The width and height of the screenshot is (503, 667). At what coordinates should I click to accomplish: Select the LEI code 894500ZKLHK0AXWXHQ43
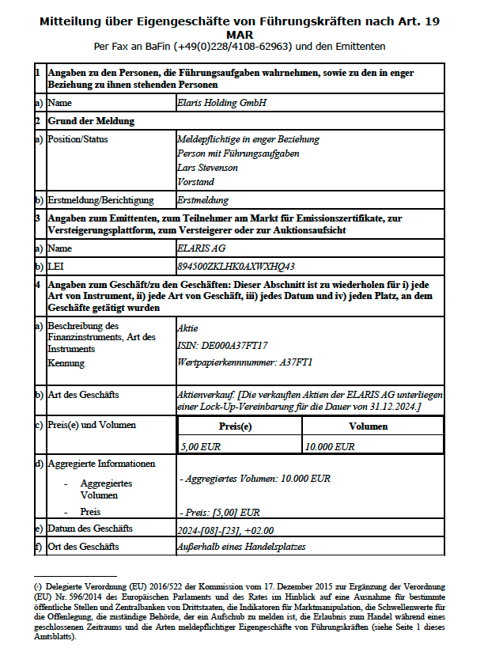pos(237,266)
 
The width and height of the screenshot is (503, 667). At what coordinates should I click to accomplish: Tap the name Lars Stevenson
pos(207,168)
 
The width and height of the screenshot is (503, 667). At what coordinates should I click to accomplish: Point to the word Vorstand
pos(195,182)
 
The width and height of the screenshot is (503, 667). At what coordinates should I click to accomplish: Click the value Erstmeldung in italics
pos(203,200)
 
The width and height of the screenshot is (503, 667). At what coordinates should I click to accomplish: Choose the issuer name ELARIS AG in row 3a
pos(202,248)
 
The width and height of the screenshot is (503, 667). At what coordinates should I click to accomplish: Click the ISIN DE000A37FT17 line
pos(223,345)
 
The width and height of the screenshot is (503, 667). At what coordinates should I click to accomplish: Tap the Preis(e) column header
pos(240,426)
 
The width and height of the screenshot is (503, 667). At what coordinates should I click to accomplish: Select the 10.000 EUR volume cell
pos(331,446)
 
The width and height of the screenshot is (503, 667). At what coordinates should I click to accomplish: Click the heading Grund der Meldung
pos(91,121)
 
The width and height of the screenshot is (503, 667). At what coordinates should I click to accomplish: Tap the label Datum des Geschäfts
pos(90,528)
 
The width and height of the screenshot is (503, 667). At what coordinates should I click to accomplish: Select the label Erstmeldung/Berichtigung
pos(100,200)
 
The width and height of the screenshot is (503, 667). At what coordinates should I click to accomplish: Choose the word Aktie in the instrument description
pos(187,328)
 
